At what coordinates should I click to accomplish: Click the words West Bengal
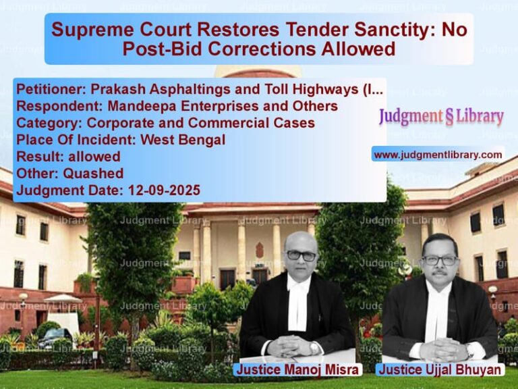(x=183, y=140)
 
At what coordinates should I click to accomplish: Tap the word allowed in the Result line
(x=94, y=157)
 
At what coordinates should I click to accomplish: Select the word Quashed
(x=93, y=174)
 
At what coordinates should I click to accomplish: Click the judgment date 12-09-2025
(x=164, y=190)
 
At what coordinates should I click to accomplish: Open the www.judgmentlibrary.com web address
(x=438, y=155)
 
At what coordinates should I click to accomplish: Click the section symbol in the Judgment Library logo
(x=450, y=118)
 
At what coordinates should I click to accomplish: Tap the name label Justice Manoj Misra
(x=297, y=369)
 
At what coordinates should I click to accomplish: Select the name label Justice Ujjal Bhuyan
(x=440, y=369)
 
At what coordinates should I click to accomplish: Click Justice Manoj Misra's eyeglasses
(x=301, y=256)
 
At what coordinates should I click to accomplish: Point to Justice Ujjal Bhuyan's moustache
(x=439, y=274)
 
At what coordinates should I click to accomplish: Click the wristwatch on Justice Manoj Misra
(x=314, y=348)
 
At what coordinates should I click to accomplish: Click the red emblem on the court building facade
(x=260, y=250)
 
